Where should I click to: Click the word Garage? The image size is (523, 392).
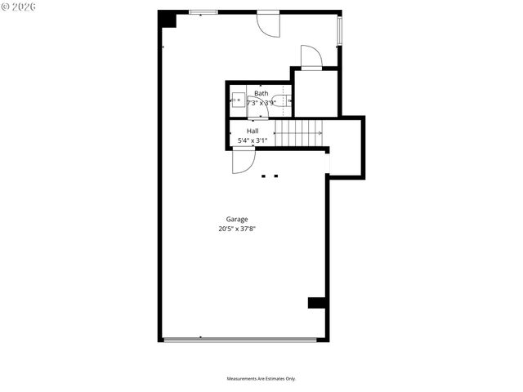click(x=237, y=219)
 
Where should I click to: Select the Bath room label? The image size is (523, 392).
click(x=260, y=94)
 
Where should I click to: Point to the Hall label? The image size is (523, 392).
click(x=253, y=131)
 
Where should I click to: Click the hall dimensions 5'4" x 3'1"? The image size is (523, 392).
click(x=253, y=140)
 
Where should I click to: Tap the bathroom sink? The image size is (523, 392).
click(x=239, y=102)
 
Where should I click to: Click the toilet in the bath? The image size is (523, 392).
click(x=280, y=102)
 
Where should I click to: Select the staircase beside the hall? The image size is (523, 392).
click(x=298, y=132)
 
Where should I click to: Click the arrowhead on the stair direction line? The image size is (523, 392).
click(x=320, y=132)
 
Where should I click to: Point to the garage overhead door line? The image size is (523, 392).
click(x=240, y=340)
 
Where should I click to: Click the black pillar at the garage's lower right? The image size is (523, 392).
click(x=317, y=302)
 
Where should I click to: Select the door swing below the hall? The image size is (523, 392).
click(x=242, y=161)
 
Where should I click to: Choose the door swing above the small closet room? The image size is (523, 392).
click(x=311, y=56)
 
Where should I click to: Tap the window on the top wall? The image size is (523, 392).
click(x=203, y=12)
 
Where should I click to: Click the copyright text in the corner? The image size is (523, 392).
click(x=20, y=7)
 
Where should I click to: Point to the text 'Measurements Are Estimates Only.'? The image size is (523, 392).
click(x=261, y=379)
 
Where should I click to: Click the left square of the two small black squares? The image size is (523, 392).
click(x=263, y=176)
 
